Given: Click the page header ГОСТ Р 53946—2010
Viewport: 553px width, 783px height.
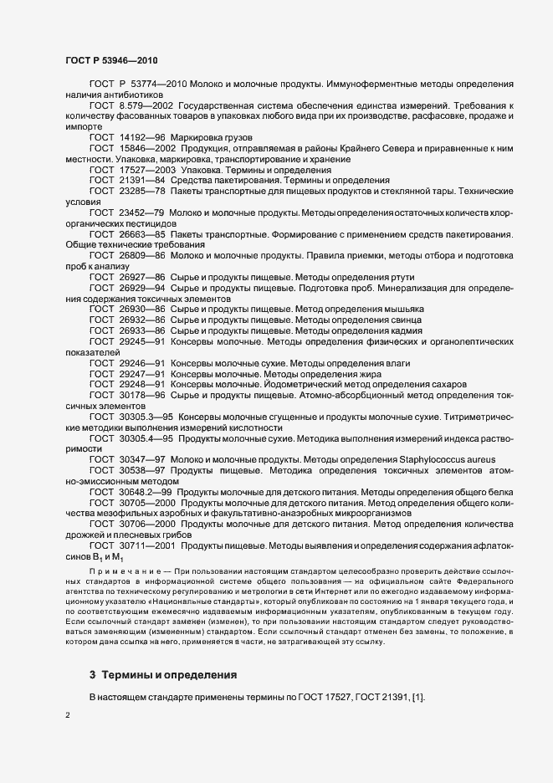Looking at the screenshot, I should pyautogui.click(x=110, y=60).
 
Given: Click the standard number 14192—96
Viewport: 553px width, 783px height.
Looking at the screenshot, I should pyautogui.click(x=144, y=136).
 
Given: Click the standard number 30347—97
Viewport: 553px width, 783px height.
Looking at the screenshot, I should pyautogui.click(x=144, y=459).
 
